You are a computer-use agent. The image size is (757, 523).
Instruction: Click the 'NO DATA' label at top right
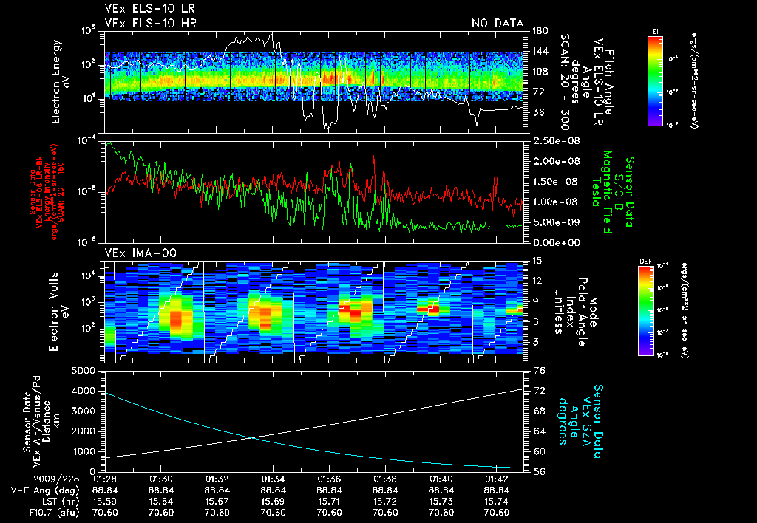[x=497, y=24]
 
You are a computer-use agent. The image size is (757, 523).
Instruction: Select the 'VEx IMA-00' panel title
[x=134, y=253]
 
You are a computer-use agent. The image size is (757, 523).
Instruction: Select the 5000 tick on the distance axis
[x=86, y=370]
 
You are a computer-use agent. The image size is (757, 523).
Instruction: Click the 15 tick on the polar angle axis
[x=536, y=261]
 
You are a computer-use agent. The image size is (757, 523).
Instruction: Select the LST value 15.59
[x=106, y=502]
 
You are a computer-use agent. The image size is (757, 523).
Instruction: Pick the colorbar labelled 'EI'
[x=655, y=80]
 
